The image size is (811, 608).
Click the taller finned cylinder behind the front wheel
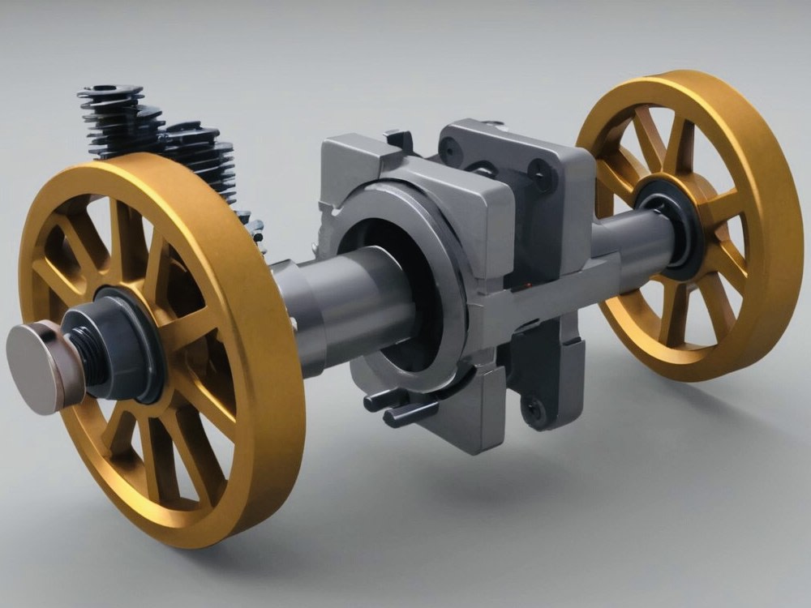pyautogui.click(x=114, y=122)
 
